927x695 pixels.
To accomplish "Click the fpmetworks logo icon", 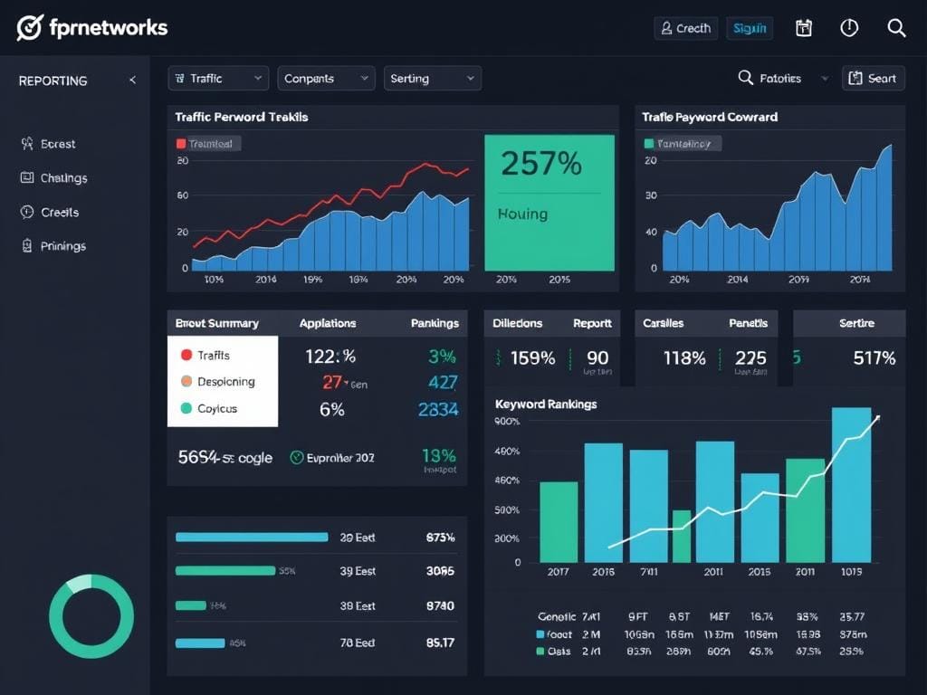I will tap(30, 28).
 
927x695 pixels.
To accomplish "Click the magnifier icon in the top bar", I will tap(896, 28).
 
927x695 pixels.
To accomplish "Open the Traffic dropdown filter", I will tap(217, 79).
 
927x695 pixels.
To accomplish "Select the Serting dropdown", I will tap(432, 79).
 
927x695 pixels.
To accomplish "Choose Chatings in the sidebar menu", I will tap(63, 178).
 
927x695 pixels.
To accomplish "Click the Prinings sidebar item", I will tap(62, 246).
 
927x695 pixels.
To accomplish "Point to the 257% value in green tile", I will tap(540, 164).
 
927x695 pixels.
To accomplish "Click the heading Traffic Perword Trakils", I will tap(241, 117).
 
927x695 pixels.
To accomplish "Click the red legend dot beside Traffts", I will tap(186, 356).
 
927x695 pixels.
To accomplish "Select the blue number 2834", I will tap(438, 410).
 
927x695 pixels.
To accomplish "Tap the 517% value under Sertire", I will tap(874, 358).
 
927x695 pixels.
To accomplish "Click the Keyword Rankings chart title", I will tap(546, 405).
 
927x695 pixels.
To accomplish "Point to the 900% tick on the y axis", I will tap(507, 422).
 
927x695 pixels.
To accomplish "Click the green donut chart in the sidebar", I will tap(91, 616).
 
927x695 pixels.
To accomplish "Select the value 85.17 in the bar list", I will tap(440, 643).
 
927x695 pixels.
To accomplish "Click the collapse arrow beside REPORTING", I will tap(132, 81).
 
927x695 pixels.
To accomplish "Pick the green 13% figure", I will tap(439, 456).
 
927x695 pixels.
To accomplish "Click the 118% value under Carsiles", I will tap(684, 358).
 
